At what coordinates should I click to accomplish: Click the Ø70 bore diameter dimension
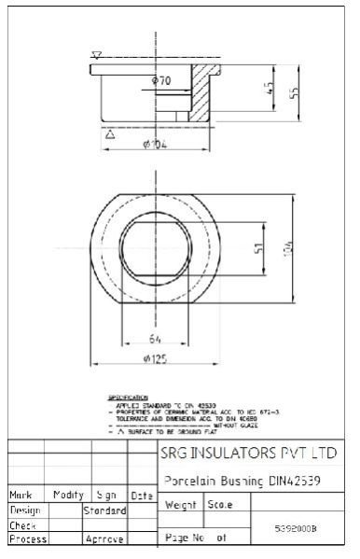pos(161,82)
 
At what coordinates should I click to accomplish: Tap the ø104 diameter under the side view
pos(155,145)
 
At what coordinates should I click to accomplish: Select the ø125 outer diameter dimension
pos(156,359)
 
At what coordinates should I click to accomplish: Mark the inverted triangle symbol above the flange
pos(96,56)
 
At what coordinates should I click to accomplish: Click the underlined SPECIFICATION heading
pos(129,398)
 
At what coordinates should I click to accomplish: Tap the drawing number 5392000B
pos(296,528)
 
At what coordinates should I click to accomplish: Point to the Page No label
pos(183,538)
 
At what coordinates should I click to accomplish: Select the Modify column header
pos(68,496)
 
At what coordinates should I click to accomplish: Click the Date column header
pos(142,496)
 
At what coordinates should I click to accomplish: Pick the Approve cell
pos(104,539)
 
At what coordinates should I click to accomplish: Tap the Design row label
pos(24,510)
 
